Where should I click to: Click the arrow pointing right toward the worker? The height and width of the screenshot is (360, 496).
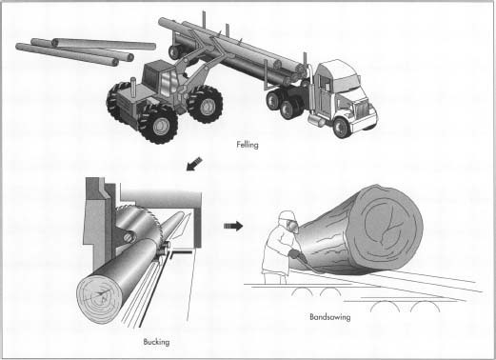click(231, 227)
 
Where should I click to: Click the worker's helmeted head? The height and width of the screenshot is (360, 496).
click(285, 222)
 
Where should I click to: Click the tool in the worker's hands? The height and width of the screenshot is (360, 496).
click(297, 256)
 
